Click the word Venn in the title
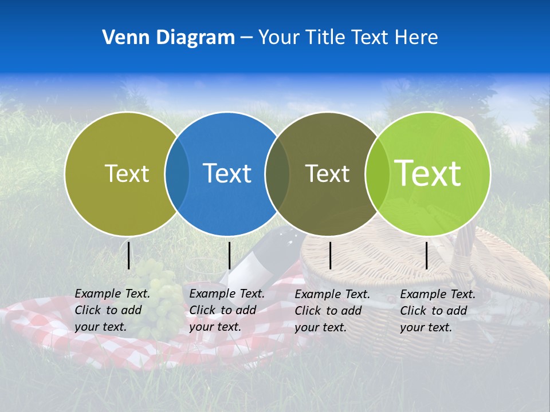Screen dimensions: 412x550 pyautogui.click(x=121, y=38)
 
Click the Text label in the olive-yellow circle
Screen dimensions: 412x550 pyautogui.click(x=127, y=173)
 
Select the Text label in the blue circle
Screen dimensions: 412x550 pyautogui.click(x=227, y=173)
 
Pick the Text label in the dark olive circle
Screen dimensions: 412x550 pyautogui.click(x=327, y=173)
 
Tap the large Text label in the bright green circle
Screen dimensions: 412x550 pyautogui.click(x=427, y=173)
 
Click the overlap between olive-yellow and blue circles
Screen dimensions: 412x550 pyautogui.click(x=177, y=173)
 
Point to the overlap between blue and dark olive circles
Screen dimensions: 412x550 pyautogui.click(x=277, y=173)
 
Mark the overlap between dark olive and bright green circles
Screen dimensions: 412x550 pyautogui.click(x=377, y=173)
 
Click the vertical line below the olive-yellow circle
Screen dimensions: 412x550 pyautogui.click(x=128, y=255)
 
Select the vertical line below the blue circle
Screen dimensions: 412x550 pyautogui.click(x=229, y=255)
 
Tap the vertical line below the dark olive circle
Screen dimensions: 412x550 pyautogui.click(x=330, y=255)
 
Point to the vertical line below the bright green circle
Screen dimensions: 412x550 pyautogui.click(x=426, y=255)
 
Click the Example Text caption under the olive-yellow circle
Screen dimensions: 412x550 pyautogui.click(x=112, y=310)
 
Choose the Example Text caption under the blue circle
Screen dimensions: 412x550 pyautogui.click(x=227, y=310)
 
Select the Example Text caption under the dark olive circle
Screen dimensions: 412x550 pyautogui.click(x=332, y=311)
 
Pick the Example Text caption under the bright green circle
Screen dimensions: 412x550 pyautogui.click(x=438, y=311)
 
